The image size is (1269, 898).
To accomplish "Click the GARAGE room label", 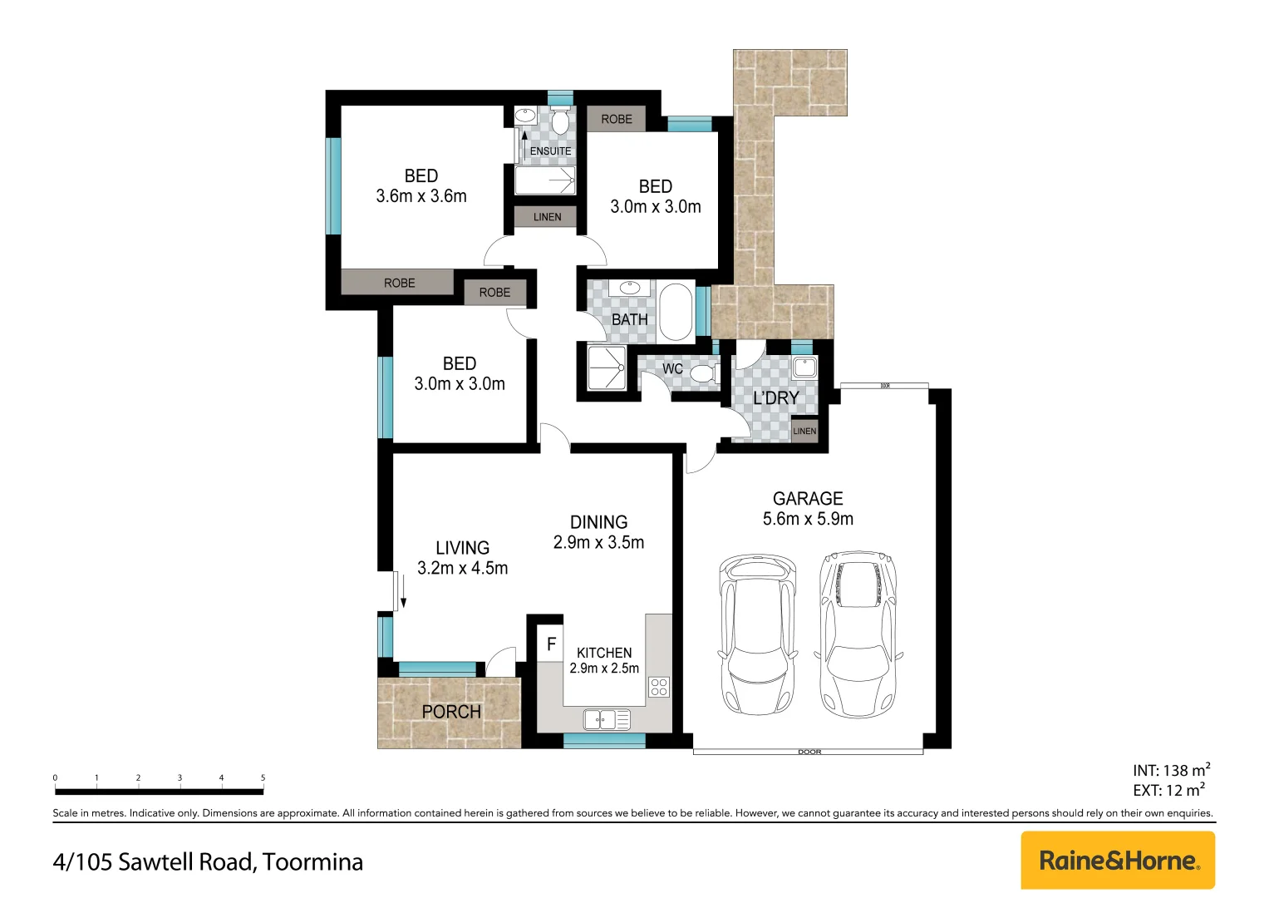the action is point(808,498).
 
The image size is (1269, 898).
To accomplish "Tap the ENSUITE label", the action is point(550,151).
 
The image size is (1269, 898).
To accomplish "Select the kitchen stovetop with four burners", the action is point(659,687).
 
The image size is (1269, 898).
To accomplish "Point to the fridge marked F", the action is point(550,644).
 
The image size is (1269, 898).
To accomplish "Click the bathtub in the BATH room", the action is point(676,312).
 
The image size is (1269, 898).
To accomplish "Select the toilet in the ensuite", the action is point(560,119).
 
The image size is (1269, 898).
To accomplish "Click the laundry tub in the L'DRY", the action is point(804,368).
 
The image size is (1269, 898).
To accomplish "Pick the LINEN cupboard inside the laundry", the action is point(804,431).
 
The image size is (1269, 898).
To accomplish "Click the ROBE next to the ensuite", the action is point(617,119).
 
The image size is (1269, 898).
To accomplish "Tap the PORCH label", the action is point(451,712).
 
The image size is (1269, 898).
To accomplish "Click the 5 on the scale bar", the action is point(263,777).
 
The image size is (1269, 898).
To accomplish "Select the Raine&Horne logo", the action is point(1118,860).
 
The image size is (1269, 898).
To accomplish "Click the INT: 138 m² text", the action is point(1172,770).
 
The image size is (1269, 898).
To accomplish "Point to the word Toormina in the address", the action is point(312,861).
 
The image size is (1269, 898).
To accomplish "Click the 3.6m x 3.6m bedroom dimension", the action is point(421,196).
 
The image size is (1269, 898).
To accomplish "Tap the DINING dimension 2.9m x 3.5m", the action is point(598,542).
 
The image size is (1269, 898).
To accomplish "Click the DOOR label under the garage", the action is point(809,752).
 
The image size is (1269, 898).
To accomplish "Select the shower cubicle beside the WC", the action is point(607,368).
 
